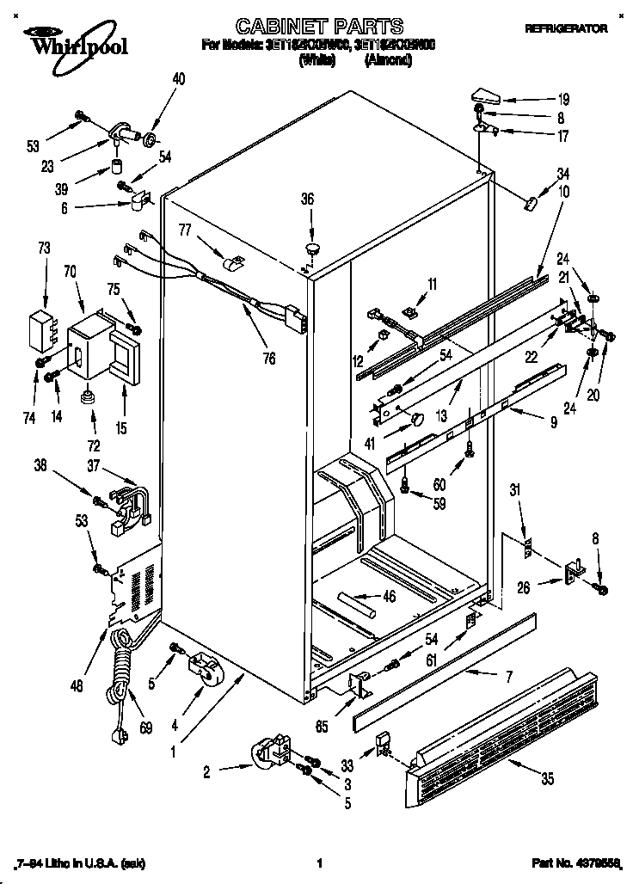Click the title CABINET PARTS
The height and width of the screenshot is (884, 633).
click(307, 27)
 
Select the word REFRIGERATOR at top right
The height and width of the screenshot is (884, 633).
click(566, 28)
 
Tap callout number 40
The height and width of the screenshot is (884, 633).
click(178, 79)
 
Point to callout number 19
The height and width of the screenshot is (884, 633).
click(539, 98)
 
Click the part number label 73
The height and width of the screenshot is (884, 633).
click(44, 249)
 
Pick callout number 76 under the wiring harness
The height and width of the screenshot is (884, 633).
click(269, 359)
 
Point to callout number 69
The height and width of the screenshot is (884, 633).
click(145, 728)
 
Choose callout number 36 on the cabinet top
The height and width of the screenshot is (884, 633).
click(307, 199)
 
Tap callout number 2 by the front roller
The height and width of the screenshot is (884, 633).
click(206, 771)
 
